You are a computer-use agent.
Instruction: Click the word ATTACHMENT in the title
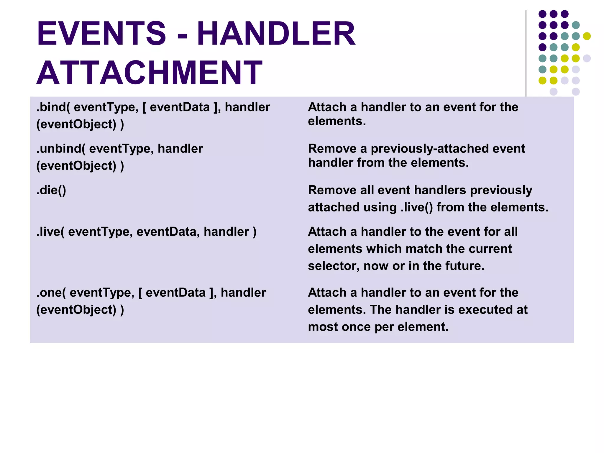(x=149, y=73)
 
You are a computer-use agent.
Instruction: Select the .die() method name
(x=51, y=190)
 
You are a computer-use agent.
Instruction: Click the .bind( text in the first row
(x=53, y=107)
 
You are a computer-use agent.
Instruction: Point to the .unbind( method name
(x=61, y=149)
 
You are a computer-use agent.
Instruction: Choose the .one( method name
(x=51, y=293)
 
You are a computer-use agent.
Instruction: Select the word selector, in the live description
(x=334, y=266)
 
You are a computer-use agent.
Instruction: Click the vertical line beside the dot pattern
(x=526, y=53)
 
